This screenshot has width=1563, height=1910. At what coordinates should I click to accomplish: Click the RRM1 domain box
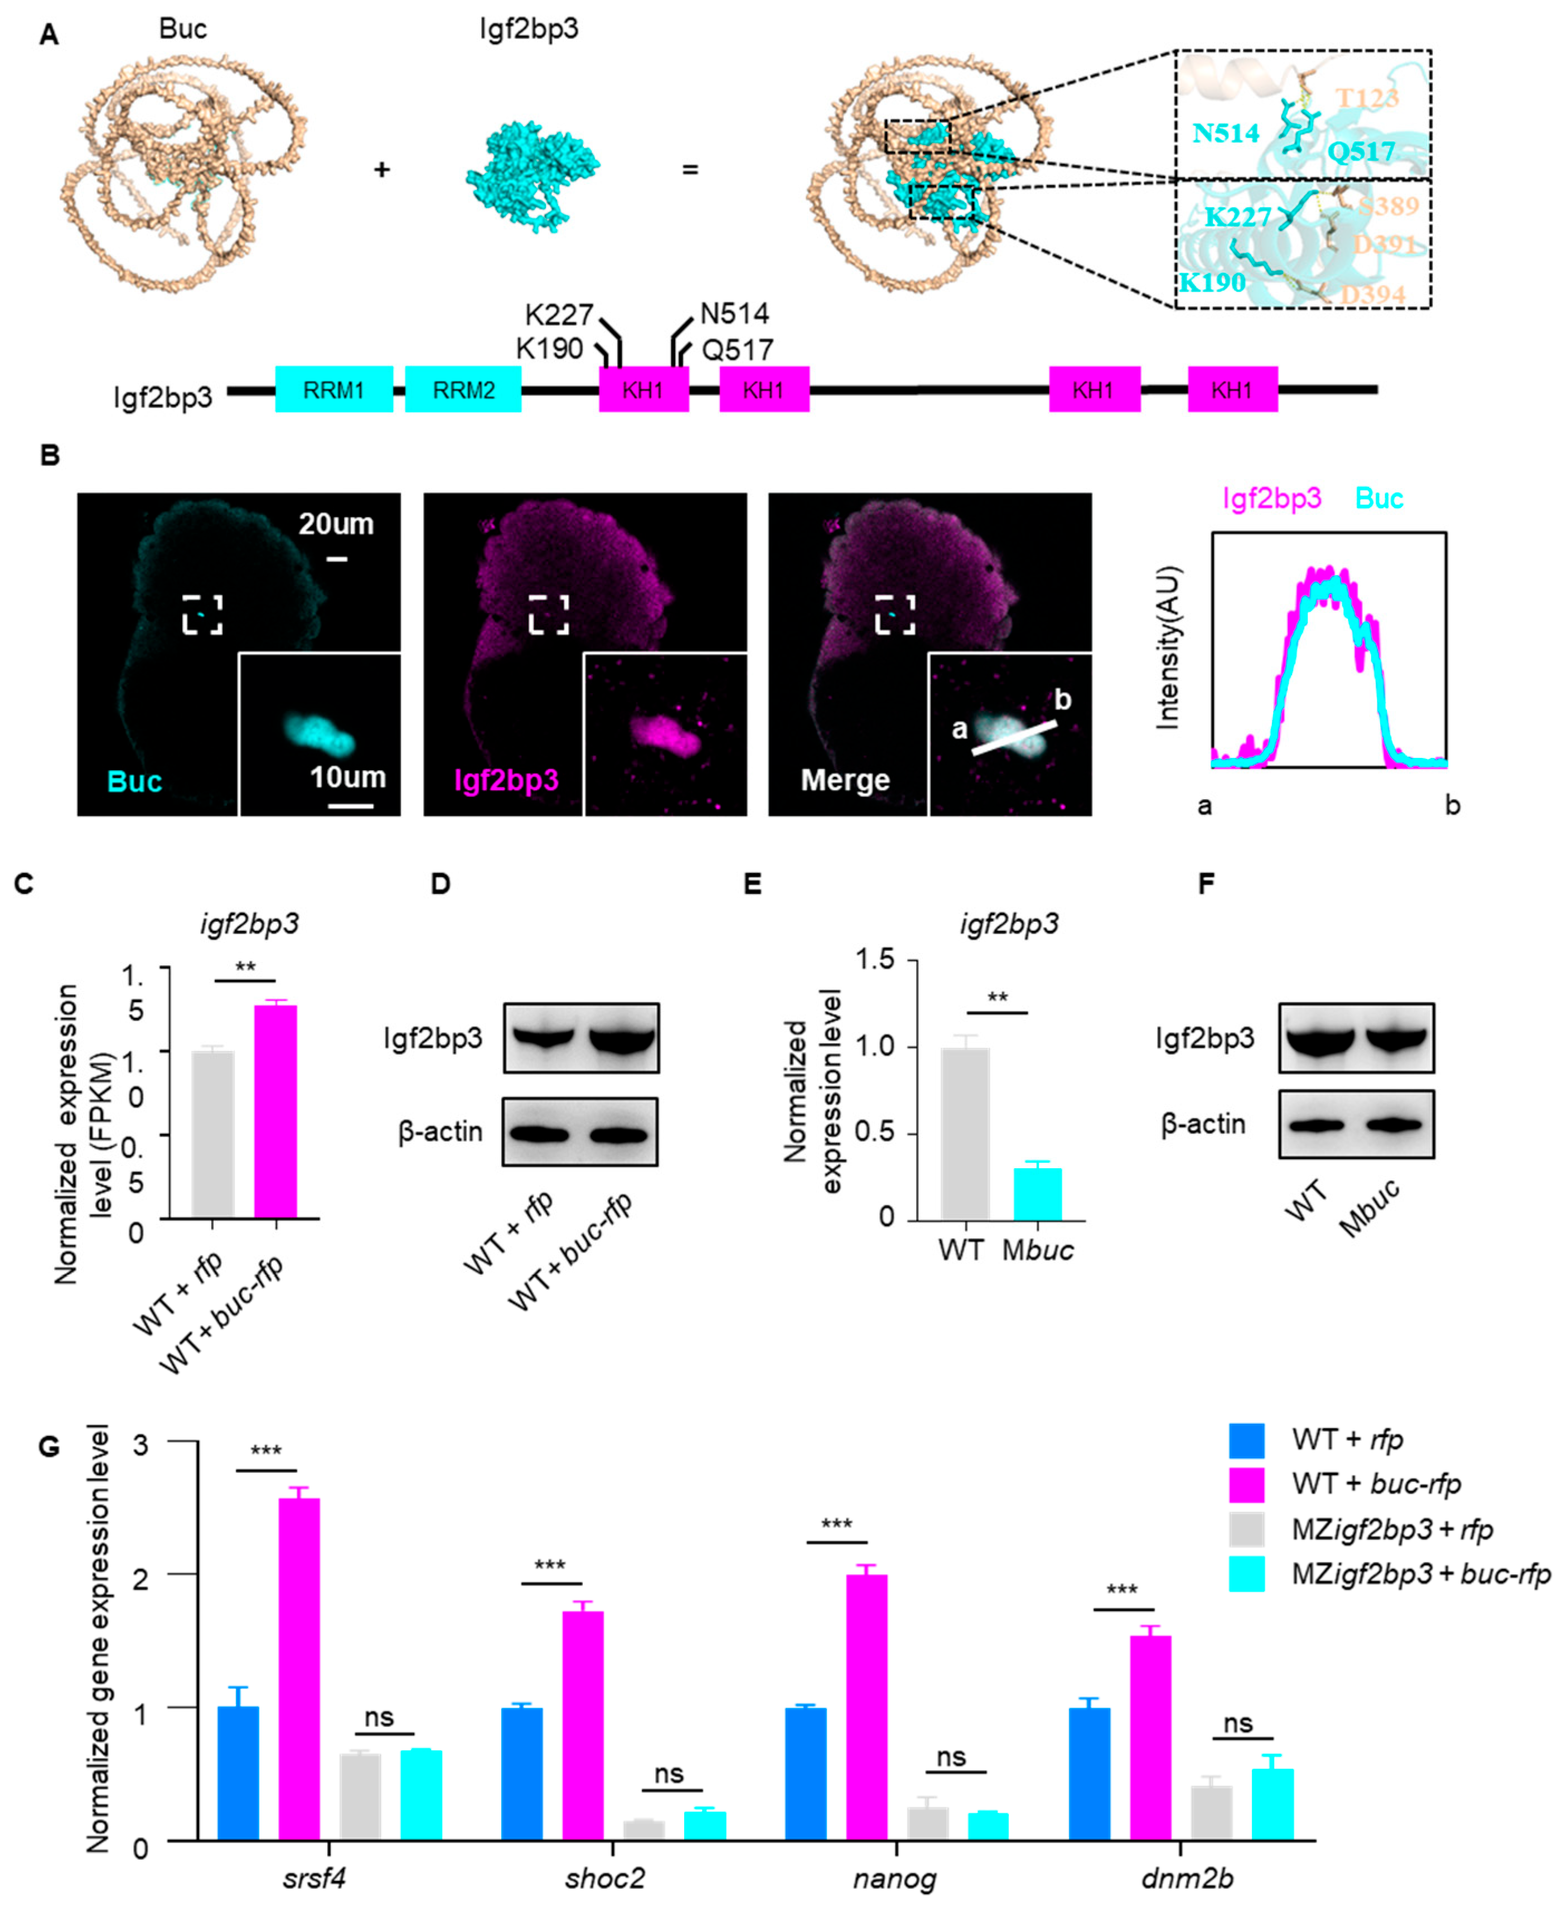click(x=333, y=390)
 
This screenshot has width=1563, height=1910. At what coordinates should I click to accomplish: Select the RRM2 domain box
click(x=463, y=390)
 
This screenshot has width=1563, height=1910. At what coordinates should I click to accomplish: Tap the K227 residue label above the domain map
click(x=558, y=315)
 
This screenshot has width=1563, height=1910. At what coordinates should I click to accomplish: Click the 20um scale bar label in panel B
click(x=335, y=524)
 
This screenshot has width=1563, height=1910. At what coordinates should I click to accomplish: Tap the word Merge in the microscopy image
click(x=845, y=780)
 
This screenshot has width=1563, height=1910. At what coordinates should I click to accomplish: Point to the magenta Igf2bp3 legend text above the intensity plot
click(x=1271, y=498)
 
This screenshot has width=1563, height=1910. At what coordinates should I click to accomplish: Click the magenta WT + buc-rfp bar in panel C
click(x=275, y=1111)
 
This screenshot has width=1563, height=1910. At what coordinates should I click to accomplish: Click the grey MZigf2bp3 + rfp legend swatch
click(x=1246, y=1528)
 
